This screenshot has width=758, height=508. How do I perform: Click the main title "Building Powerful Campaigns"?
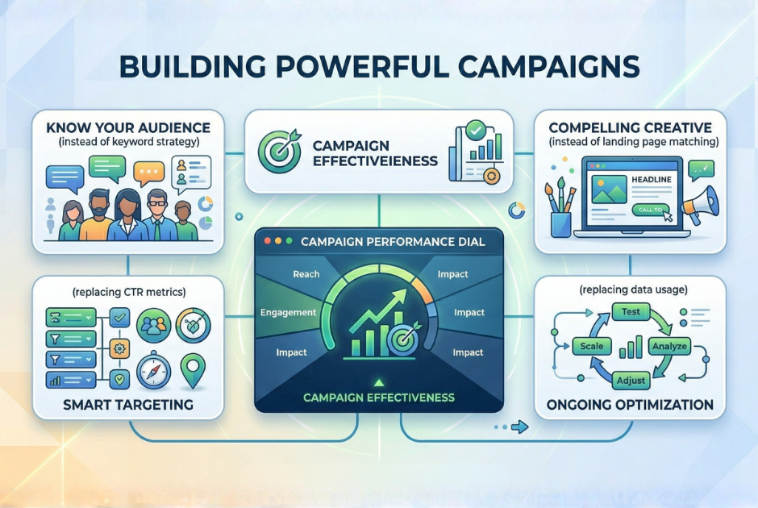(x=379, y=66)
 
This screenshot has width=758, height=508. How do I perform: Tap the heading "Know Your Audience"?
(x=128, y=127)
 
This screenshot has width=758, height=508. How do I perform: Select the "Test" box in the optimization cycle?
(x=630, y=310)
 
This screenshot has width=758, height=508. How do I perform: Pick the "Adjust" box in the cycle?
(x=630, y=379)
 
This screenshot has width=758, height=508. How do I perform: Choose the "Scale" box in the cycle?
(x=592, y=346)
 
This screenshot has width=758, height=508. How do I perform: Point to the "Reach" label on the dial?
(x=306, y=274)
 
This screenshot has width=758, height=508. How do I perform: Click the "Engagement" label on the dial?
(x=288, y=311)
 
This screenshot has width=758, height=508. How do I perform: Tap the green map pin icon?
(x=192, y=369)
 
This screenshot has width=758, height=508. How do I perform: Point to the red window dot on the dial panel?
(x=268, y=240)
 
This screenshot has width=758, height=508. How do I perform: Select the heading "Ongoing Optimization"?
(x=630, y=403)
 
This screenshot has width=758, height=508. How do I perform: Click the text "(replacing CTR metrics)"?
(x=128, y=291)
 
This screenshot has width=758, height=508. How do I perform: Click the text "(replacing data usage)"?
(x=630, y=289)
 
